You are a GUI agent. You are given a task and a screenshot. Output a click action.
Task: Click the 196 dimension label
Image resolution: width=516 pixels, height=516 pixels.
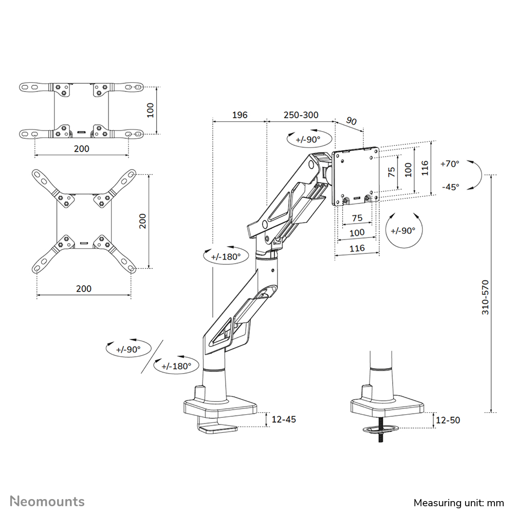click(239, 115)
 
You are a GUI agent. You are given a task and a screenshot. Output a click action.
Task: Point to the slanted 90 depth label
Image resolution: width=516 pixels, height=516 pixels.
click(351, 121)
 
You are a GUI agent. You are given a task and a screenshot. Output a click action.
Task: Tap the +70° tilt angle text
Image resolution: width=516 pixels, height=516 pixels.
click(450, 164)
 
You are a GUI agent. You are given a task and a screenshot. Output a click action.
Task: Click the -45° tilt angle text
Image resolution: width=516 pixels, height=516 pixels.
click(450, 187)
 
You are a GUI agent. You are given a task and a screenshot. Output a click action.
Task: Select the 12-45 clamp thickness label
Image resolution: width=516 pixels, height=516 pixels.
click(284, 419)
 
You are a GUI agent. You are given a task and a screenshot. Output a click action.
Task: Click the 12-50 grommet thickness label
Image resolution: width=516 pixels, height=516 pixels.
click(448, 420)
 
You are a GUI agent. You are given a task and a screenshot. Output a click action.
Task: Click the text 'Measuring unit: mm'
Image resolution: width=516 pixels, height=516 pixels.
click(459, 502)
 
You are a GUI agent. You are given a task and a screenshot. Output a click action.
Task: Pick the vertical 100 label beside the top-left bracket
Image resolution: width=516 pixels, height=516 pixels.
click(151, 110)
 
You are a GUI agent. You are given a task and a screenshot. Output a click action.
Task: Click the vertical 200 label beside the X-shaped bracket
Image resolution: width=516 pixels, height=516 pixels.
click(143, 221)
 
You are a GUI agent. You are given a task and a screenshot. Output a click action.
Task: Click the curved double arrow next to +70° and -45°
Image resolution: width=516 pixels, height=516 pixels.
click(476, 176)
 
